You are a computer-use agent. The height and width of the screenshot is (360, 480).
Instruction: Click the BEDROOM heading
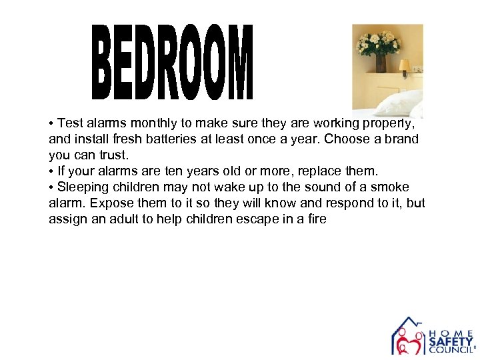pyautogui.click(x=173, y=63)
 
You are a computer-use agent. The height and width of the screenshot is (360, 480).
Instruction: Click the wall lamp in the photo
pyautogui.click(x=404, y=66)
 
